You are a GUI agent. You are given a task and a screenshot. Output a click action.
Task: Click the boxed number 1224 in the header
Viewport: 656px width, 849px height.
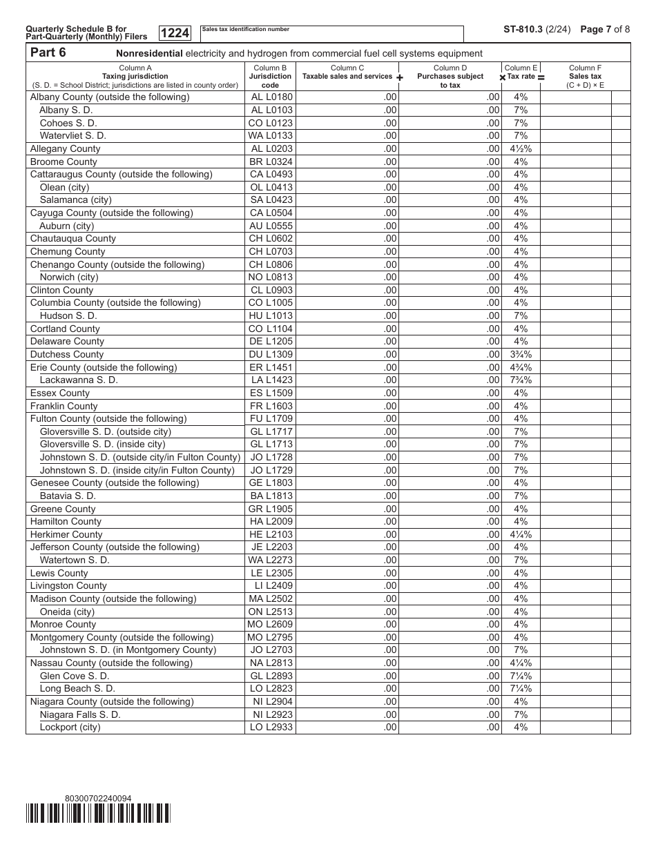click(x=175, y=33)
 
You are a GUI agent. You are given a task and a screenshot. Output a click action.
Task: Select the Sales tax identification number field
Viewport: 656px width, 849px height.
click(x=331, y=34)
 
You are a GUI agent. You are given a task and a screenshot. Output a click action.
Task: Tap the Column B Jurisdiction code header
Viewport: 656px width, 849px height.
click(x=270, y=77)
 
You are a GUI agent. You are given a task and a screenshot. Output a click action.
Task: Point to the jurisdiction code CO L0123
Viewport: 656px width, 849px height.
click(x=270, y=123)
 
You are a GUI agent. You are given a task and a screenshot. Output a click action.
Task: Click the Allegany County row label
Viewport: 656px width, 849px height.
click(x=65, y=148)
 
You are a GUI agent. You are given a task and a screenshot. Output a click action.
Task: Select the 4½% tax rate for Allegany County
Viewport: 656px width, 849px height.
click(x=521, y=148)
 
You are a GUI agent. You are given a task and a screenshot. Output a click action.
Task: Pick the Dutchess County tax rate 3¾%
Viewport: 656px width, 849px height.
click(x=521, y=354)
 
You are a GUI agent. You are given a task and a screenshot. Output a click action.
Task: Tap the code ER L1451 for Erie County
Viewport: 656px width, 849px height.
click(x=271, y=367)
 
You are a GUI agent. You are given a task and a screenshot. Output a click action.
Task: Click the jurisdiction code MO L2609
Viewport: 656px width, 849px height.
click(x=270, y=624)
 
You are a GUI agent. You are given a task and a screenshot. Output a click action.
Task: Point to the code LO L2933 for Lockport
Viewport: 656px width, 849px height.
click(x=271, y=727)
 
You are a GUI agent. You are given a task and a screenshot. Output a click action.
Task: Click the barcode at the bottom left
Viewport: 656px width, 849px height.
click(x=98, y=814)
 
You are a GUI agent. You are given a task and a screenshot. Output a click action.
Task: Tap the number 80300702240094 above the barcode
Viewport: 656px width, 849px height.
click(x=97, y=799)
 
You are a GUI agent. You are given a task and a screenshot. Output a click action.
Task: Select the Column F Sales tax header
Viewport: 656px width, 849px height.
click(x=585, y=77)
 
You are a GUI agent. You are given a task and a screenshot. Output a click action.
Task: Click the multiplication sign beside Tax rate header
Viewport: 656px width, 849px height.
click(x=503, y=78)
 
